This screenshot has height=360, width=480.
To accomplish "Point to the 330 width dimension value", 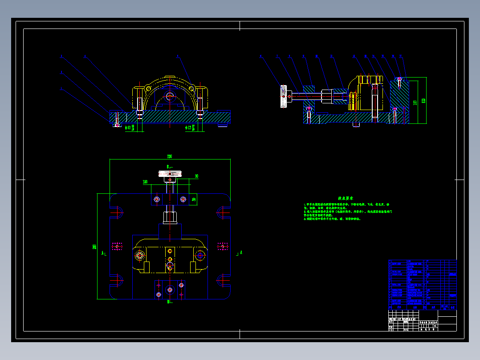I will coord(170,156).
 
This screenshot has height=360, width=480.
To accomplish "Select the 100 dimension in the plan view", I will coord(145,182).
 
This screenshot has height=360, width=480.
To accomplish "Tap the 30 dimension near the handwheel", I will coord(196,176).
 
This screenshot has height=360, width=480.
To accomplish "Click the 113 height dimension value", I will coord(415,102).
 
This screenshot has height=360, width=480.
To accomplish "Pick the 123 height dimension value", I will coord(423,101).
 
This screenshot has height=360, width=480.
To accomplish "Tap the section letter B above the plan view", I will coord(168,167).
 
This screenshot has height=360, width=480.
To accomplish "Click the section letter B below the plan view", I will coord(168,302).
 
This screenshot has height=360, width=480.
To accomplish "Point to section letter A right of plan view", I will coord(241,252).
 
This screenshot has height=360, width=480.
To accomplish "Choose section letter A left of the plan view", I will coord(103,253).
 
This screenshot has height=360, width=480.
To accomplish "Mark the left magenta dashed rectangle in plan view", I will coord(117,246).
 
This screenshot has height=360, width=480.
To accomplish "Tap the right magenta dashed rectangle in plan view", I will coord(223,246).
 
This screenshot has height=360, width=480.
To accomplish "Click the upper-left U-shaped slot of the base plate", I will coord(117,211).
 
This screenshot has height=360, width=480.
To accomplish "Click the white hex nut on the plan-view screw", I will coord(170,218).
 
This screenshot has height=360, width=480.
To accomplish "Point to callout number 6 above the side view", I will coord(332,57).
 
